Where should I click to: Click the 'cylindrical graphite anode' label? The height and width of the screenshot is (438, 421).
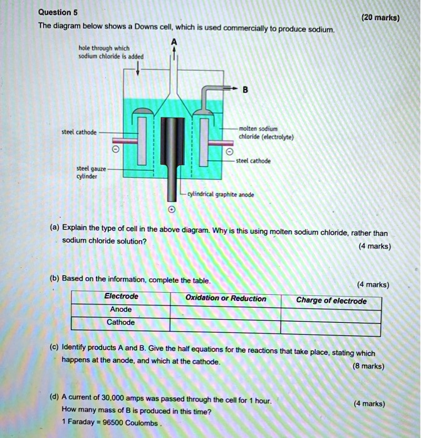221,194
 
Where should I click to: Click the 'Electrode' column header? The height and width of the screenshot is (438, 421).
122,297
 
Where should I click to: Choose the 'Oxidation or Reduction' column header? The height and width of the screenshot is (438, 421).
226,299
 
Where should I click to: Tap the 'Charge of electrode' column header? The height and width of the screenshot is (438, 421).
331,301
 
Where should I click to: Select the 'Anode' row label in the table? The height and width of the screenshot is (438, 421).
121,309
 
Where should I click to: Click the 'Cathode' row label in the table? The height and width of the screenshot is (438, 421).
121,322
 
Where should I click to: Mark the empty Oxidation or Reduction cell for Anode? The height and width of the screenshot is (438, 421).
226,311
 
